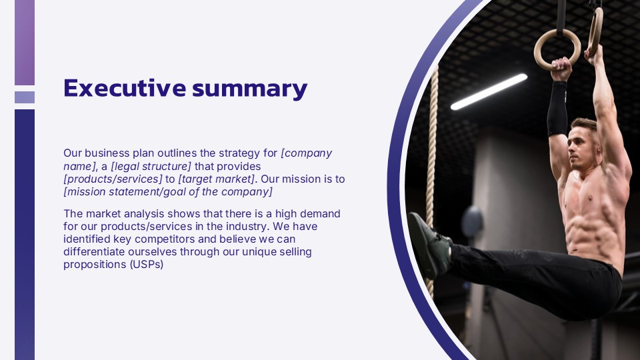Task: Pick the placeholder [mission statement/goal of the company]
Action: point(168,192)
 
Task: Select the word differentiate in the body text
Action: point(93,251)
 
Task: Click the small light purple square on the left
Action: point(25,97)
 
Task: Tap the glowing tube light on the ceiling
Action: point(489,91)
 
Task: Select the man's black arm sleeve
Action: point(557,109)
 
